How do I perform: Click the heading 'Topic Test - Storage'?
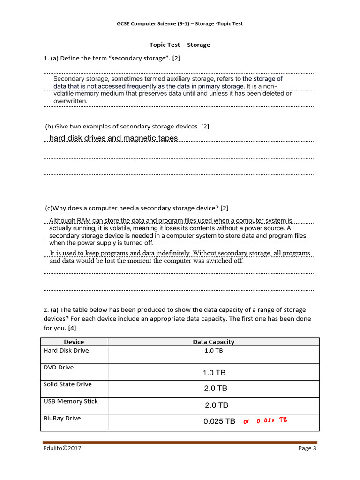[x=180, y=45]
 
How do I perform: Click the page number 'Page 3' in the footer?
[x=307, y=449]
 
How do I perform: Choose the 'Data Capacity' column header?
[x=213, y=342]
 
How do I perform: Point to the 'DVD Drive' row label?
[x=59, y=367]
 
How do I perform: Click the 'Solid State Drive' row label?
[x=67, y=384]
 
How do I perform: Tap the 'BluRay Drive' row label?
[x=62, y=418]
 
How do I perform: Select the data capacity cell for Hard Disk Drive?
[x=214, y=351]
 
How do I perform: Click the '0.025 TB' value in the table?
[x=219, y=421]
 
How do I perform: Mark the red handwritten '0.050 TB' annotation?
[x=271, y=421]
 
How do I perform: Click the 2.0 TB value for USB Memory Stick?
[x=217, y=405]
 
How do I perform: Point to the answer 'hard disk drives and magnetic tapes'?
[x=113, y=138]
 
